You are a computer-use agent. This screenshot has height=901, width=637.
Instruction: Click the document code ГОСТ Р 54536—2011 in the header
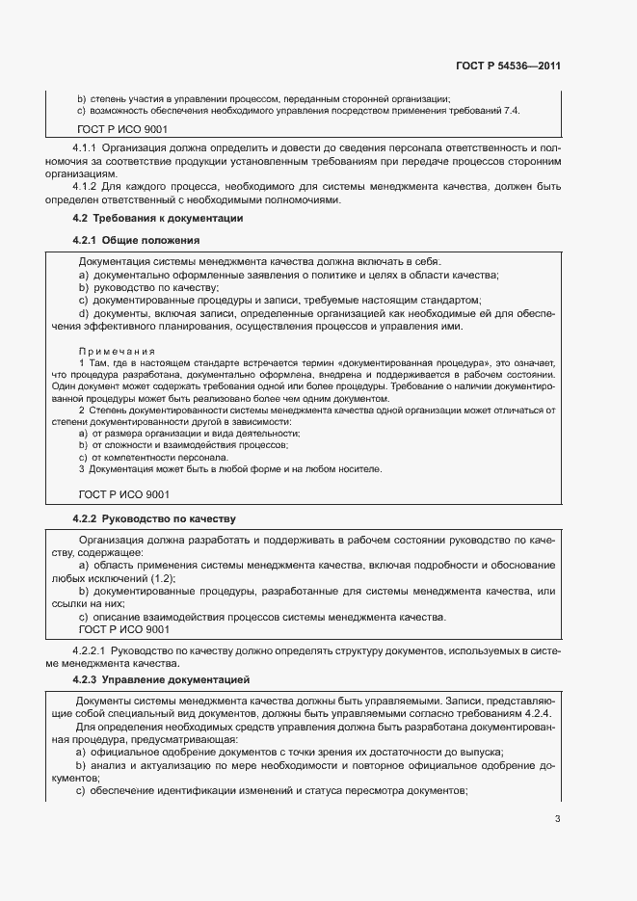coord(508,66)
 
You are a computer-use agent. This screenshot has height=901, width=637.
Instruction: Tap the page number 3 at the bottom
coord(557,820)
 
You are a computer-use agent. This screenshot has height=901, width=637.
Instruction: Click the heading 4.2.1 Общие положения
coord(136,240)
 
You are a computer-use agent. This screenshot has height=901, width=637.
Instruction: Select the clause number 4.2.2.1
coord(92,651)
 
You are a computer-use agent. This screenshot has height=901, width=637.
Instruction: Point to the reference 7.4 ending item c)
coord(511,111)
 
